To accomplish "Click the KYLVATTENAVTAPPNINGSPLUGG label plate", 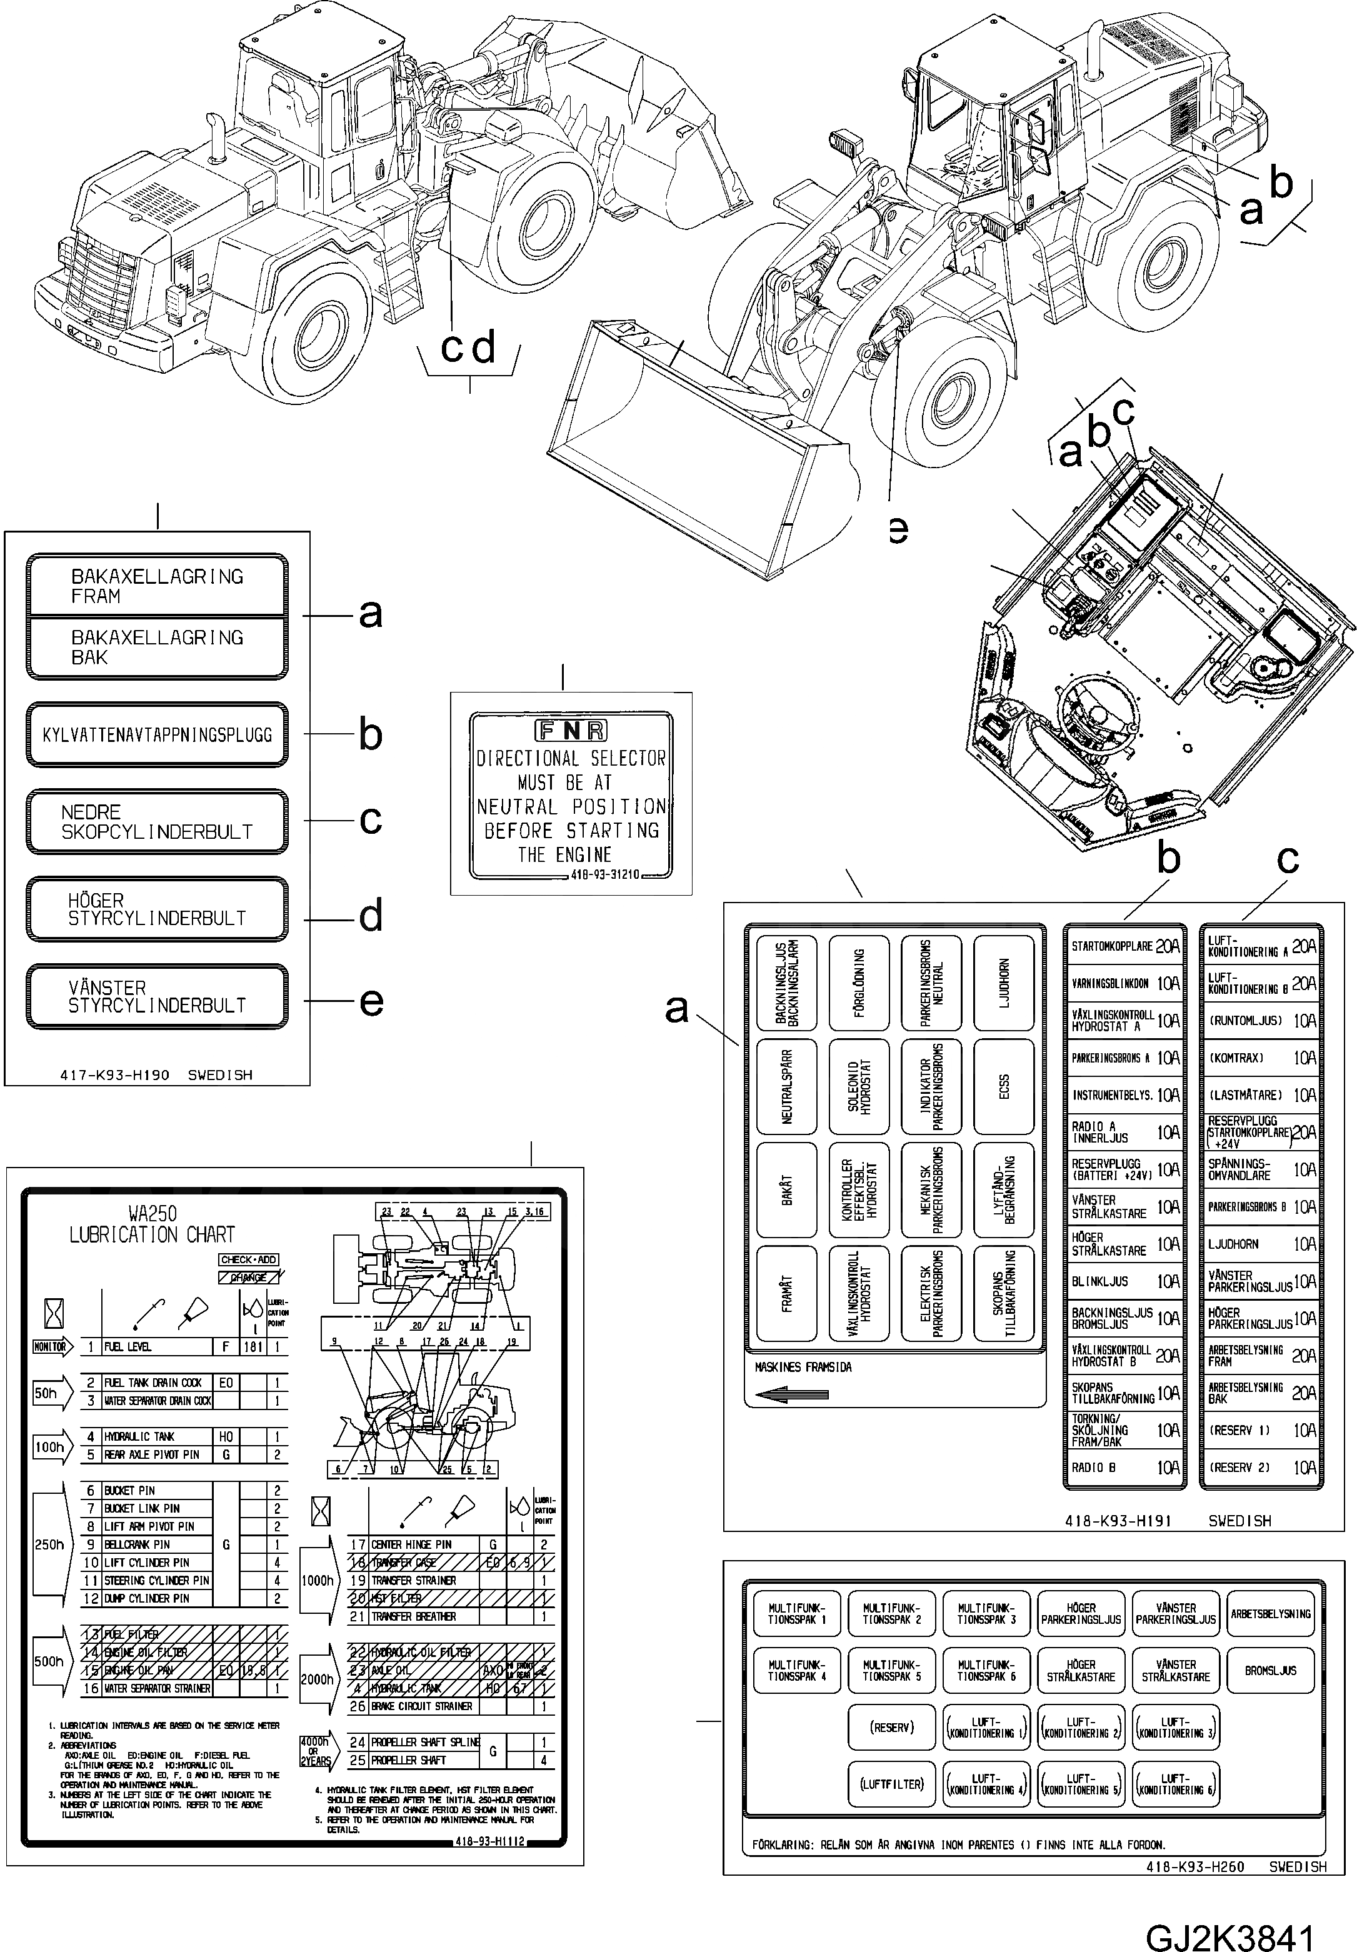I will pyautogui.click(x=158, y=734).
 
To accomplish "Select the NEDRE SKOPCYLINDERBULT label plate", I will pyautogui.click(x=158, y=822).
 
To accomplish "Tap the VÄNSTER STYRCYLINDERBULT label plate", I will pyautogui.click(x=158, y=996).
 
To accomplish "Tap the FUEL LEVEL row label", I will pyautogui.click(x=128, y=1347).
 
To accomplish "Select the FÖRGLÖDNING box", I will pyautogui.click(x=859, y=983).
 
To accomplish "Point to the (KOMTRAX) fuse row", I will pyautogui.click(x=1260, y=1058).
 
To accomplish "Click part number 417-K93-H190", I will pyautogui.click(x=115, y=1074).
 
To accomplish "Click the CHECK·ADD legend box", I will pyautogui.click(x=248, y=1259).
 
